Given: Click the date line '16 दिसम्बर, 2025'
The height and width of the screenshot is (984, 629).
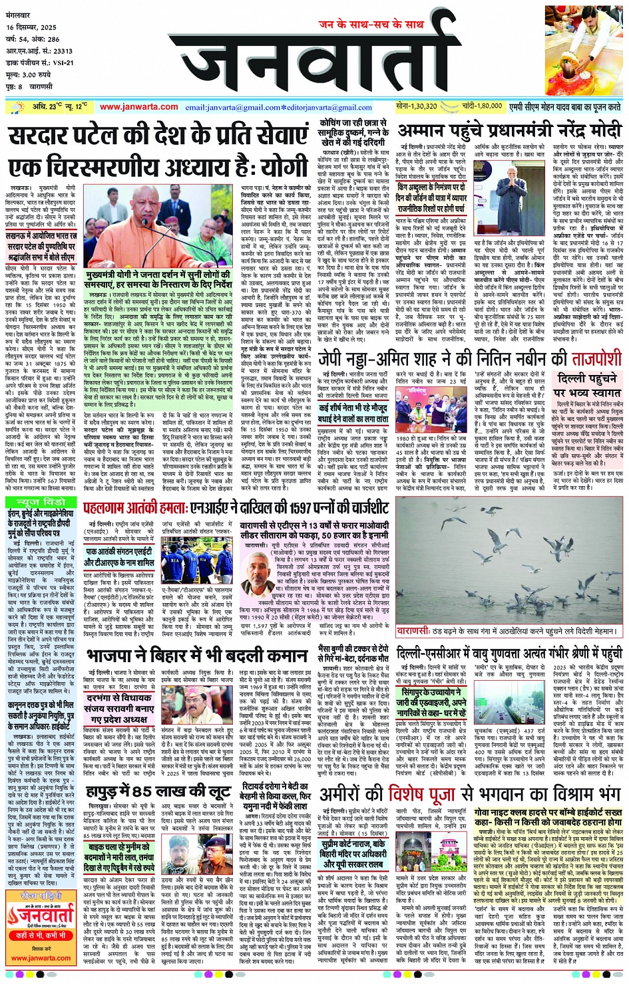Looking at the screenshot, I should [32, 27].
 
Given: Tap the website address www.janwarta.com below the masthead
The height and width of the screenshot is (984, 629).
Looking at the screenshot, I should [139, 106].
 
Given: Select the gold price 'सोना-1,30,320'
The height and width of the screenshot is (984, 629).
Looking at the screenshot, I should [416, 106].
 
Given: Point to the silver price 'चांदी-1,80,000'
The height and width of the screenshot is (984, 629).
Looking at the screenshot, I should [480, 106].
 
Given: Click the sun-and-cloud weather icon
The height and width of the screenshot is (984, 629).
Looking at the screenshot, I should [16, 106].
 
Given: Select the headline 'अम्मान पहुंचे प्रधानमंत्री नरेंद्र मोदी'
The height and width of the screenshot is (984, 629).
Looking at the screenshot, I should [509, 130].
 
